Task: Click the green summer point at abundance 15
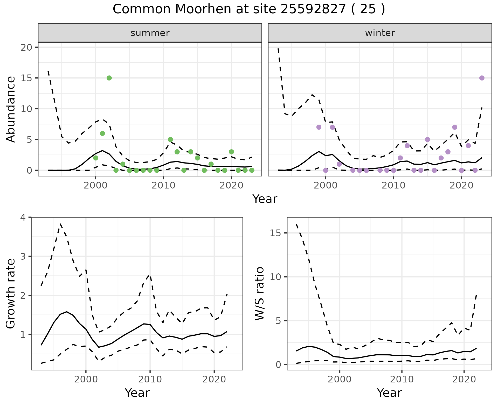(109, 78)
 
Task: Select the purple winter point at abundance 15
(482, 78)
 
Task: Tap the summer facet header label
(150, 33)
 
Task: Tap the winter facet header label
(380, 33)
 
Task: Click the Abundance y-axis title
(11, 109)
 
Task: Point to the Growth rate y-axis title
(11, 294)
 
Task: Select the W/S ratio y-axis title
(259, 294)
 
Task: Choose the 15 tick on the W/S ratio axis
(275, 233)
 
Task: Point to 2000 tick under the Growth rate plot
(86, 379)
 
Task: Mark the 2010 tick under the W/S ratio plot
(402, 379)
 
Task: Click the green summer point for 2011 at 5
(170, 139)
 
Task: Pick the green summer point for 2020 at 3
(231, 152)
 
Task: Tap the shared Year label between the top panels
(265, 199)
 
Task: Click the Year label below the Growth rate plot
(137, 393)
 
